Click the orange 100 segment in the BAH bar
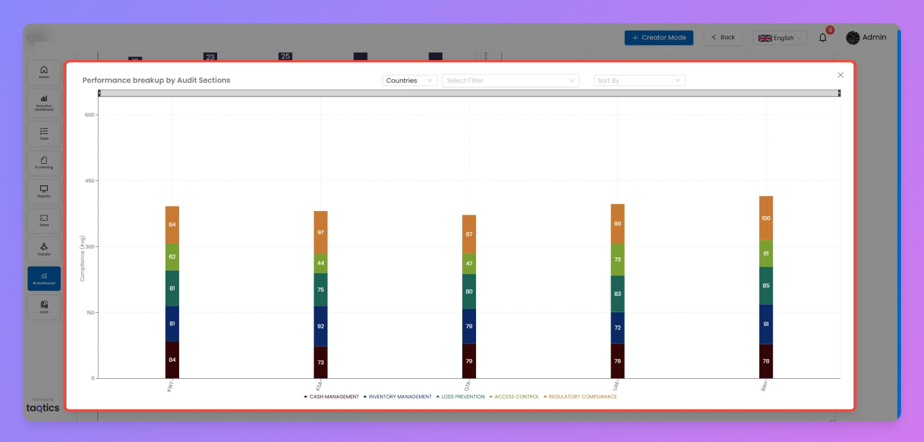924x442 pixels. (766, 218)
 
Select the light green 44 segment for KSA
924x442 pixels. (320, 263)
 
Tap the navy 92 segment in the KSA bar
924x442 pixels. (320, 326)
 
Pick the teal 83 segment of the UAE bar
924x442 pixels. (617, 294)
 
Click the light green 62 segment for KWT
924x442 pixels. (172, 257)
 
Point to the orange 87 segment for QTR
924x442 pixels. (469, 234)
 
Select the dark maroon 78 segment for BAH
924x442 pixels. (766, 361)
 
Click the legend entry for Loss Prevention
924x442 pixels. (462, 397)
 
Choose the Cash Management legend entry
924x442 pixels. (334, 397)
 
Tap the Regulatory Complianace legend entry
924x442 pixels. (582, 397)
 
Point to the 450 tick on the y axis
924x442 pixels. (90, 181)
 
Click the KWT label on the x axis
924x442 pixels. (170, 386)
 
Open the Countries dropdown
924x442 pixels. (410, 81)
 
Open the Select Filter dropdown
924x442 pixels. (510, 81)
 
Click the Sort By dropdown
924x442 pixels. (639, 81)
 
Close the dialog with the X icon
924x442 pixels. (840, 75)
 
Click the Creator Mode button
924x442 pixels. (659, 38)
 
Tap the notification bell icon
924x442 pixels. (823, 38)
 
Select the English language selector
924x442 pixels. (779, 38)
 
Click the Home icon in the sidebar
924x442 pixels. (44, 72)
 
